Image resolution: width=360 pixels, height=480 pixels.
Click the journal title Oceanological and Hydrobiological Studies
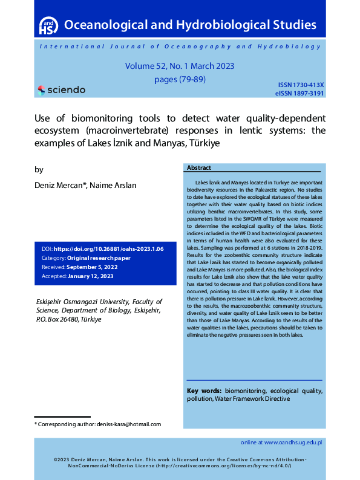(190, 25)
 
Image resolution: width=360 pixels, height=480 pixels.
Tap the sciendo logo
(61, 89)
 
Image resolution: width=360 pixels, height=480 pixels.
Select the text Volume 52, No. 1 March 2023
(180, 66)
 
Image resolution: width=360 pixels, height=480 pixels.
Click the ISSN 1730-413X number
(301, 85)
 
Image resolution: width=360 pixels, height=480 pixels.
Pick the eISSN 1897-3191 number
(299, 94)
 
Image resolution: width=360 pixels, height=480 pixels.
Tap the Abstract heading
(199, 168)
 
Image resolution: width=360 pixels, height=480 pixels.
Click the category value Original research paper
(99, 258)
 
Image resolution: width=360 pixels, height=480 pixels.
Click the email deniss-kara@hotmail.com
(129, 424)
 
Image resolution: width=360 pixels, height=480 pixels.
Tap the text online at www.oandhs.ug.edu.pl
(281, 442)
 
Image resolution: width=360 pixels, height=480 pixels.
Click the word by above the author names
(39, 170)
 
